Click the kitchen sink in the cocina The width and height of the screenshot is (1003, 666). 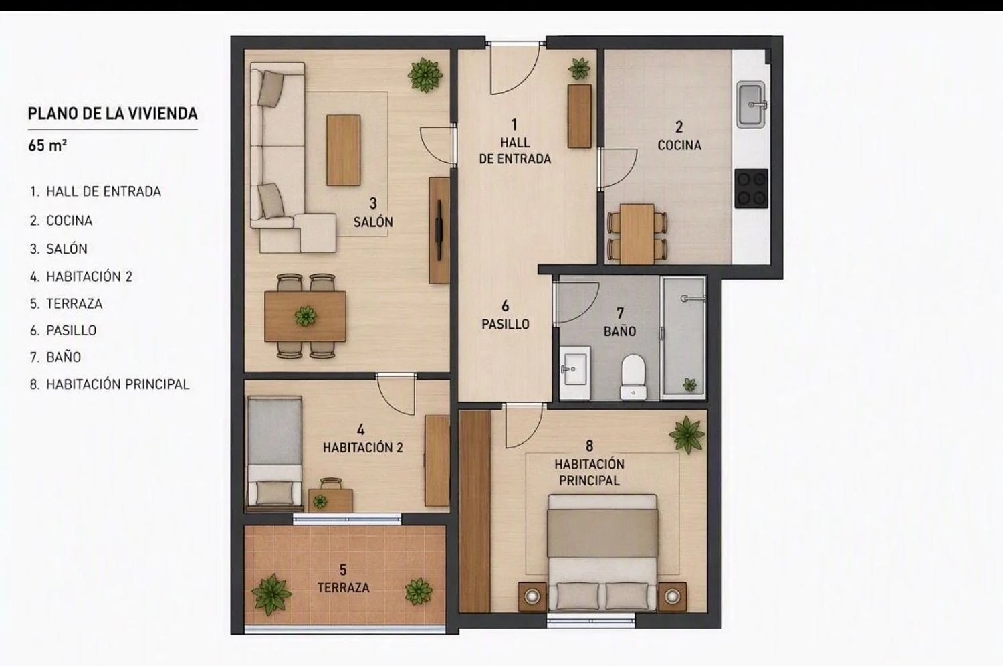coord(751,104)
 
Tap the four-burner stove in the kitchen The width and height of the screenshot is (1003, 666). coord(752,188)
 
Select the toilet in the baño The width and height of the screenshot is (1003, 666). coord(633,376)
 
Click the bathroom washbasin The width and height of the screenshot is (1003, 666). coord(574,372)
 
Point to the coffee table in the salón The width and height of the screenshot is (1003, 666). coord(344,150)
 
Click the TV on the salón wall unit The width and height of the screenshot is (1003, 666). coord(439,230)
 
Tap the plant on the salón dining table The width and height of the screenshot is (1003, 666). coord(306,317)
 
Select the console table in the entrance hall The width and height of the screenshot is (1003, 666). coord(580,116)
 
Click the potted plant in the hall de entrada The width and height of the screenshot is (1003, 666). coord(580,68)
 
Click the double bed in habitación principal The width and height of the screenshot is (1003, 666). coord(602,552)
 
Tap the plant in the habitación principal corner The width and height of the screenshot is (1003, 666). coord(687,434)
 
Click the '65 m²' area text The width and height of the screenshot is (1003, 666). coord(47,145)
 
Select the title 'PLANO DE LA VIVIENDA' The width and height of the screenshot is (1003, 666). coord(113,113)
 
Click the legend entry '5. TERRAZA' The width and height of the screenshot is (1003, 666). coord(66,303)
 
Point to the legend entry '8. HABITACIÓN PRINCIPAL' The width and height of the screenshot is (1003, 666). coord(110,384)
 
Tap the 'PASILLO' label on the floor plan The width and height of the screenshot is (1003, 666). coord(505,323)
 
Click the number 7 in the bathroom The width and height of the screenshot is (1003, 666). coord(620,312)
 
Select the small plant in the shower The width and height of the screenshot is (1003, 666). coord(689,384)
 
